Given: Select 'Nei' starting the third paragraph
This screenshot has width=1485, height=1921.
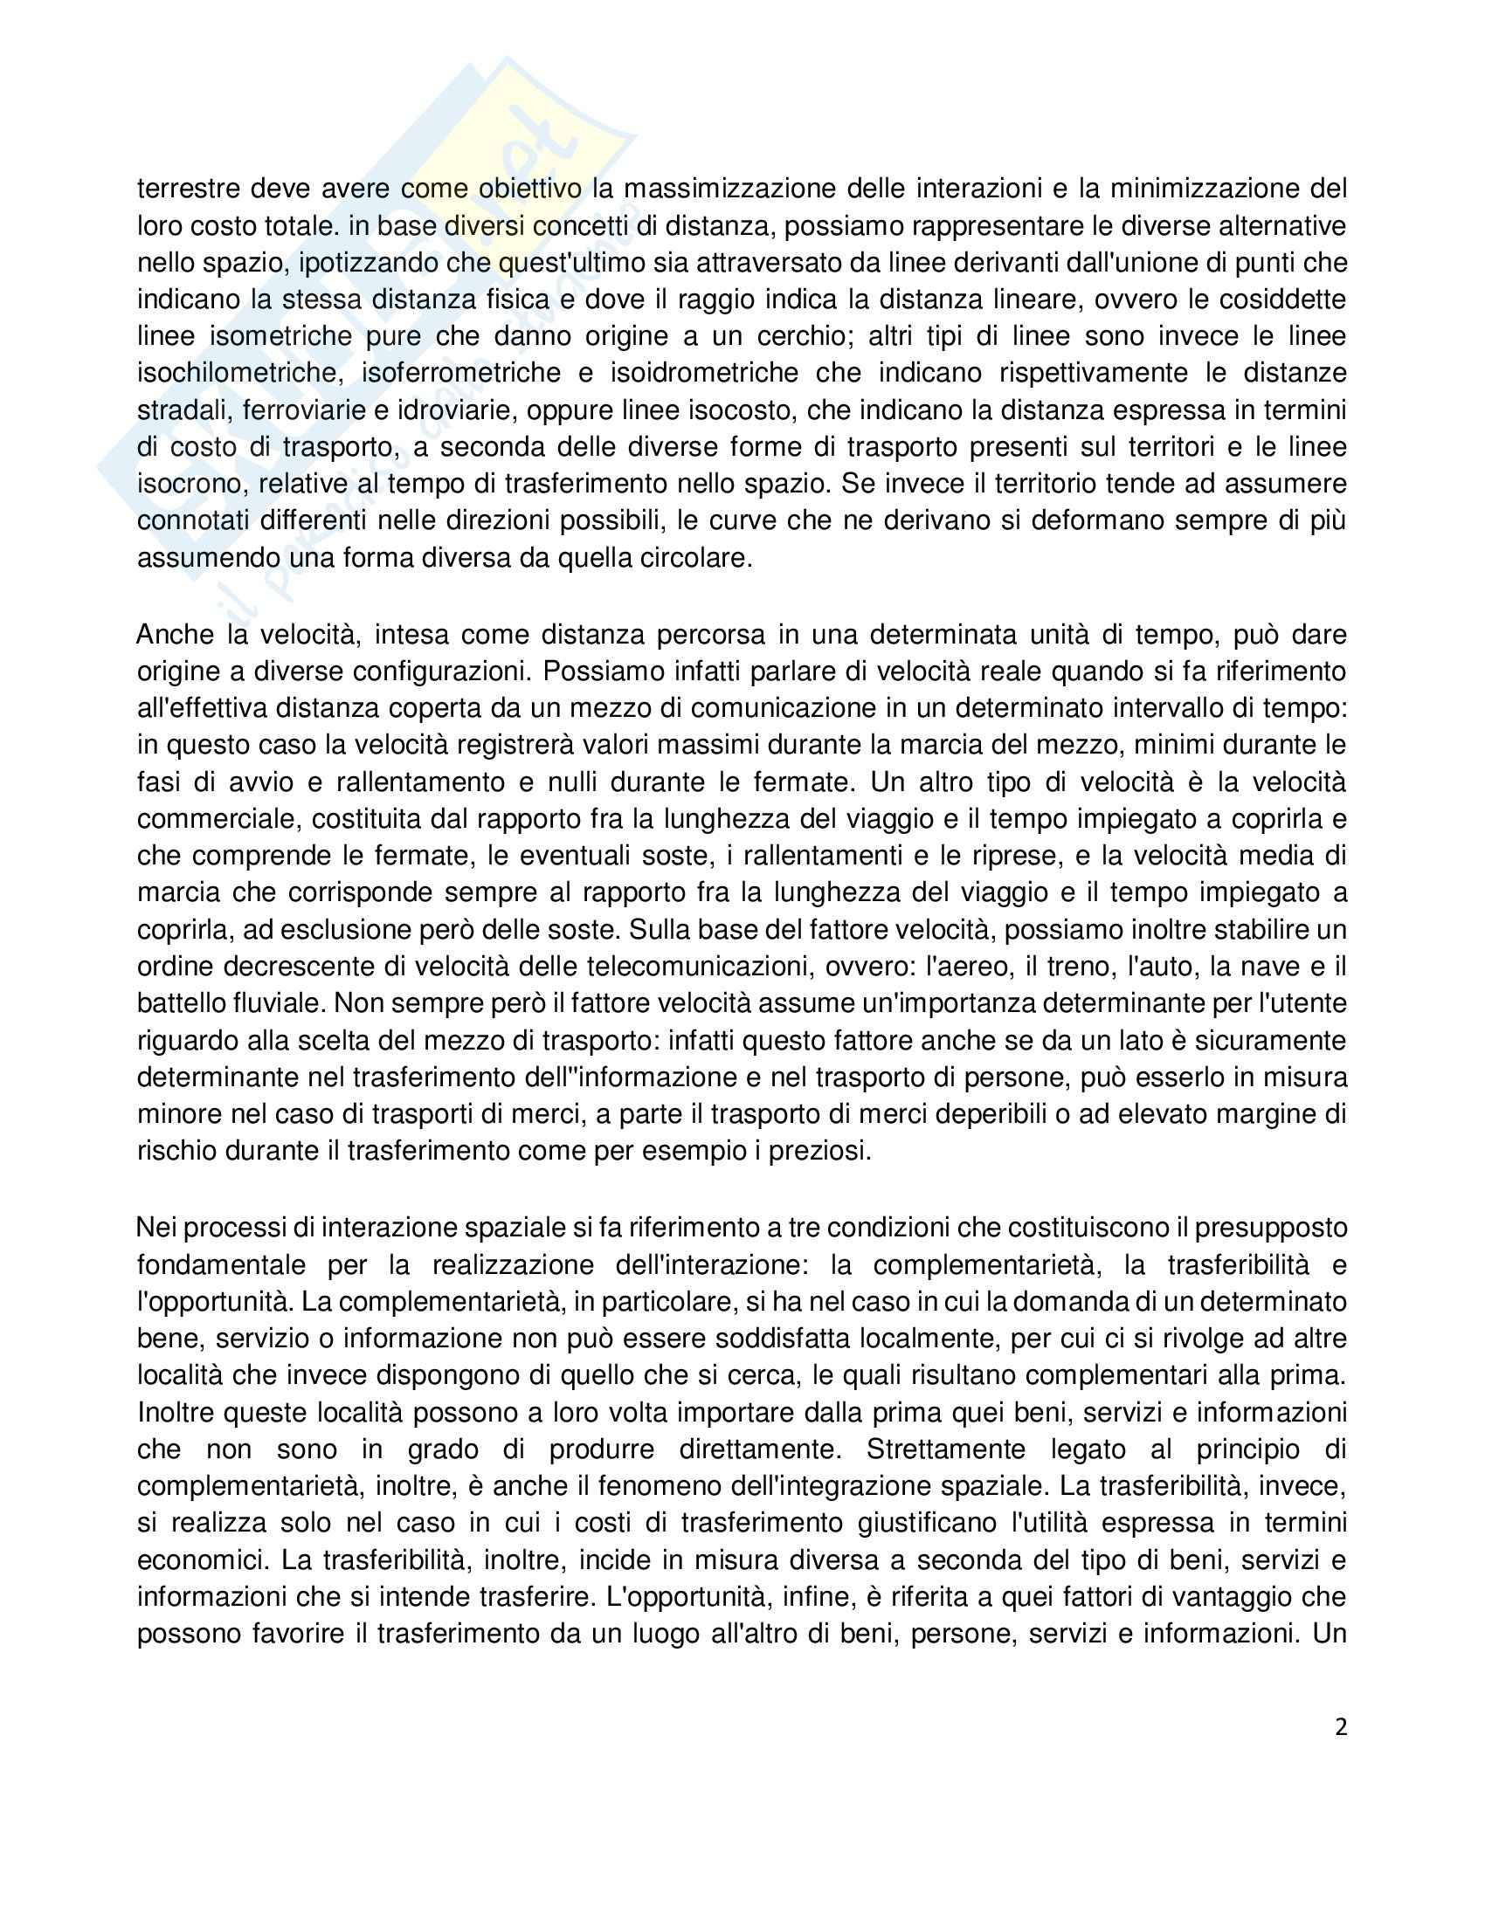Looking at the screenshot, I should pyautogui.click(x=156, y=1227).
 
